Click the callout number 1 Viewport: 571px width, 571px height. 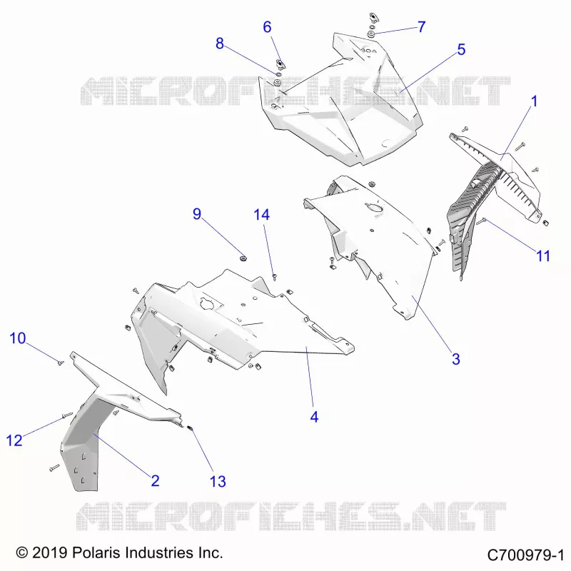tap(534, 101)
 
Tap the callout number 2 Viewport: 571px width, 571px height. tap(155, 480)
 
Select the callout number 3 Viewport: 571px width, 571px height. tap(456, 359)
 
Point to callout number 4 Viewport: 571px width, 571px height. tap(314, 417)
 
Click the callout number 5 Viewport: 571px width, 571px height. tap(461, 49)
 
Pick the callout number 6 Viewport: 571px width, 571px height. tap(267, 27)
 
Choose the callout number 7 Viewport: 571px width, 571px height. tap(421, 26)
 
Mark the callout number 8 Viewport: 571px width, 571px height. tap(220, 44)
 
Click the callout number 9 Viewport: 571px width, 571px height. tap(197, 213)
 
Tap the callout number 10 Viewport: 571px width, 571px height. tap(17, 338)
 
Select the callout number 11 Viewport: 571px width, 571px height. tap(543, 256)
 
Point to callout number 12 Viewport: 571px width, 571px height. tap(14, 440)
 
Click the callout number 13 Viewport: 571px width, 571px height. tap(218, 481)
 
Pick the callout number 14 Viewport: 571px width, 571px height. tap(261, 215)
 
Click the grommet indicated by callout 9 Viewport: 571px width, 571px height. tap(243, 258)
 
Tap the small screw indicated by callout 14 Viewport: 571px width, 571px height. tap(275, 278)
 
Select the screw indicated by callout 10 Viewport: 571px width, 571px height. tap(61, 363)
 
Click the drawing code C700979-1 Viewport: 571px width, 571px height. tap(525, 555)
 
